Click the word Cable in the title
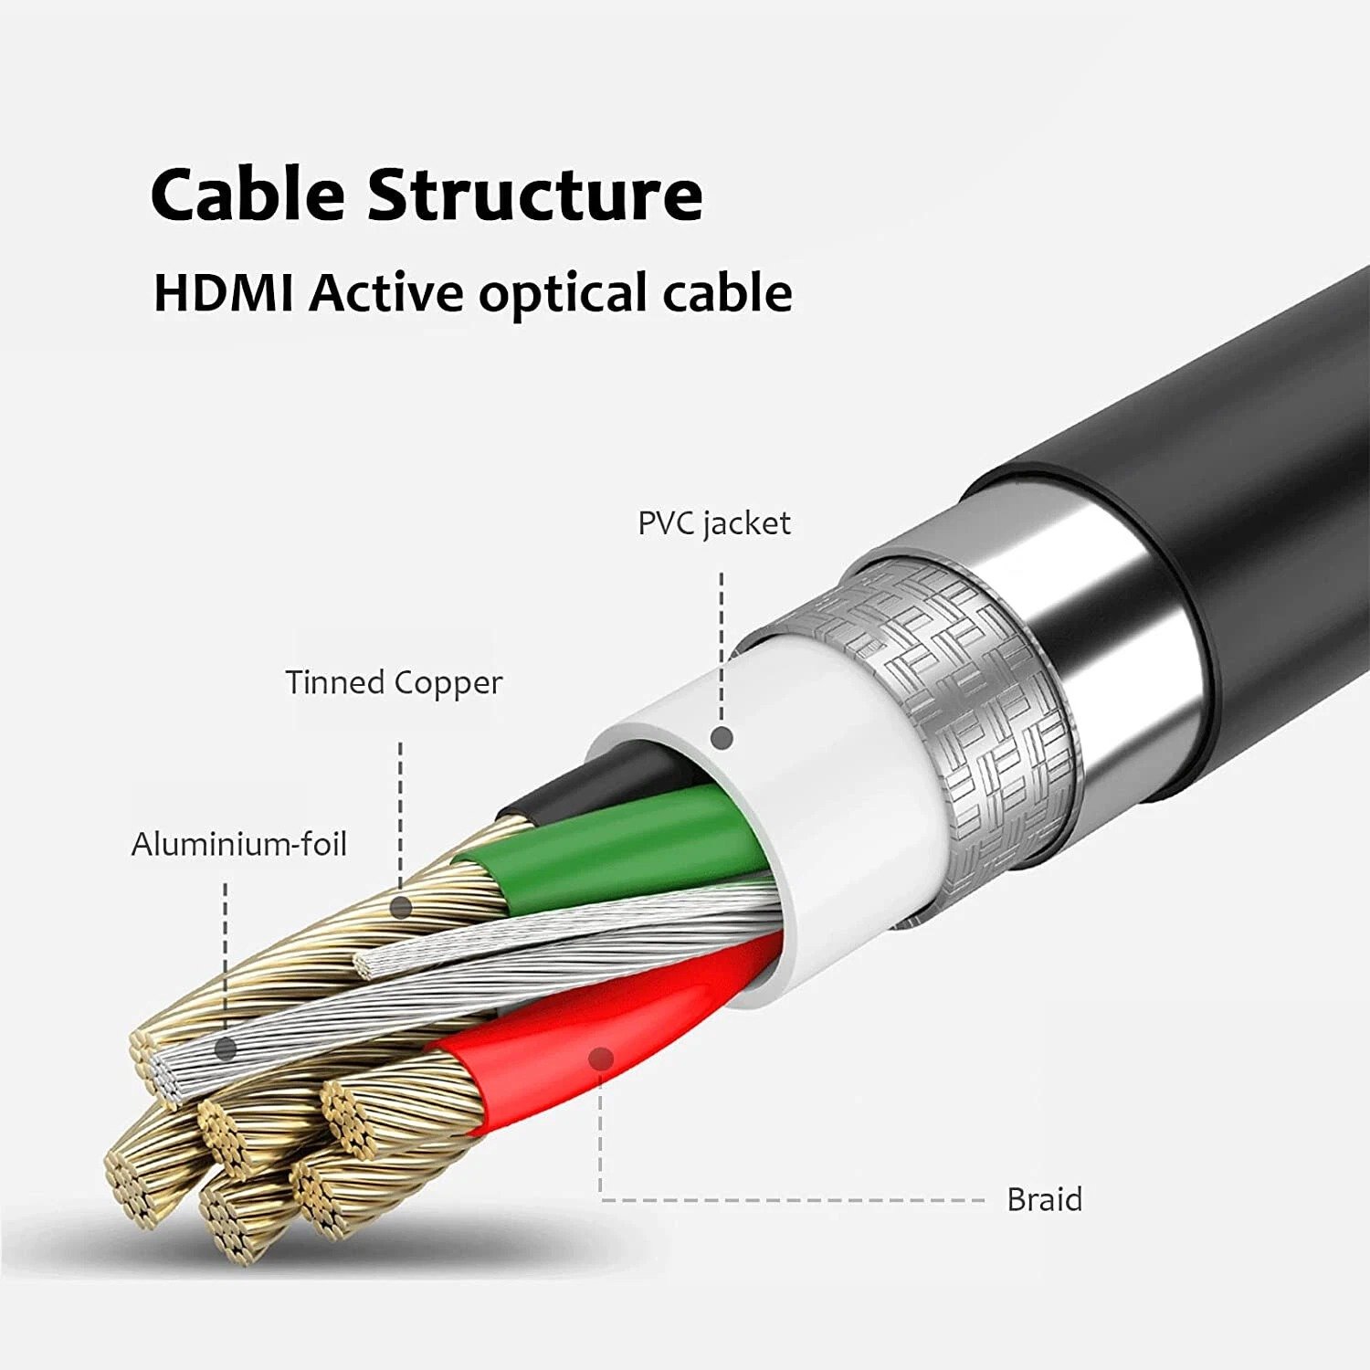pyautogui.click(x=248, y=194)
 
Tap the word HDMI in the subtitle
pyautogui.click(x=223, y=293)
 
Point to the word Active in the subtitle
pyautogui.click(x=385, y=293)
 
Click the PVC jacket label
pyautogui.click(x=713, y=523)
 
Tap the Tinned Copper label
pyautogui.click(x=394, y=682)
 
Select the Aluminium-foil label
pyautogui.click(x=239, y=844)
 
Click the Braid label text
pyautogui.click(x=1044, y=1199)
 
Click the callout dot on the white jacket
pyautogui.click(x=722, y=738)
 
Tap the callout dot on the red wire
pyautogui.click(x=600, y=1059)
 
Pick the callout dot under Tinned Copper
pyautogui.click(x=400, y=907)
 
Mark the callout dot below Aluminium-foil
pyautogui.click(x=226, y=1049)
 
